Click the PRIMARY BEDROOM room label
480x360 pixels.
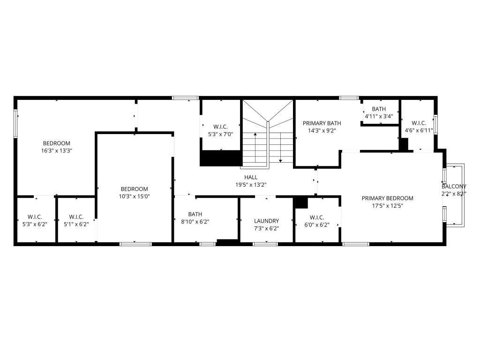coord(387,198)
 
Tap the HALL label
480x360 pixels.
coord(251,177)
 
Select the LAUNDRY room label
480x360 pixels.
coord(266,221)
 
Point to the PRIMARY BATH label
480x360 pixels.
coord(322,123)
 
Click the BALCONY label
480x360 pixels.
coord(454,186)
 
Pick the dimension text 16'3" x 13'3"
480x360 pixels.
coord(56,151)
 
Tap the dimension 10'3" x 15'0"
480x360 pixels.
coord(134,196)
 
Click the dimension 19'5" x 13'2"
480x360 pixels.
coord(251,185)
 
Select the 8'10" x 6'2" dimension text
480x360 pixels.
coord(195,222)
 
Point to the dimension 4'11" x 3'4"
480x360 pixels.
coord(379,116)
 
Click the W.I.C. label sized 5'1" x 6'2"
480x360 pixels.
coord(76,217)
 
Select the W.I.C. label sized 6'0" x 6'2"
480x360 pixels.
coord(317,217)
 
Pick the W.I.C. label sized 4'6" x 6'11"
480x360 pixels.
coord(419,123)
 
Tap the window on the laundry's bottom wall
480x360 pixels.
coord(265,244)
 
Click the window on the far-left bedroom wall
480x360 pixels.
coord(15,123)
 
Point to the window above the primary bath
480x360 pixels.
coord(349,97)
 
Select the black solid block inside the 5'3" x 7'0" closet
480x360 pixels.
coord(221,158)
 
